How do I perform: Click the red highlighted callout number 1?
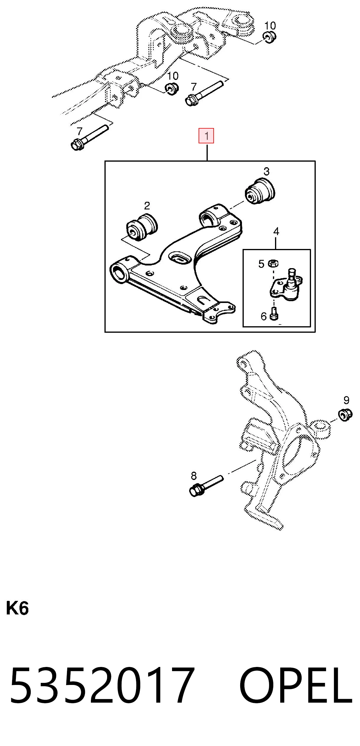(x=206, y=136)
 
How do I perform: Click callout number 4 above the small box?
(x=276, y=232)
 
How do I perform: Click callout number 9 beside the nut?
(x=346, y=400)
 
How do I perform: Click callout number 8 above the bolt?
(x=194, y=476)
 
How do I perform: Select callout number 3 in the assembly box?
(x=266, y=171)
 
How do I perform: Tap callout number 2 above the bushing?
(x=147, y=206)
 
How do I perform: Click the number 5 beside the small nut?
(x=261, y=264)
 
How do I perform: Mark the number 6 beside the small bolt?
(x=264, y=316)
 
